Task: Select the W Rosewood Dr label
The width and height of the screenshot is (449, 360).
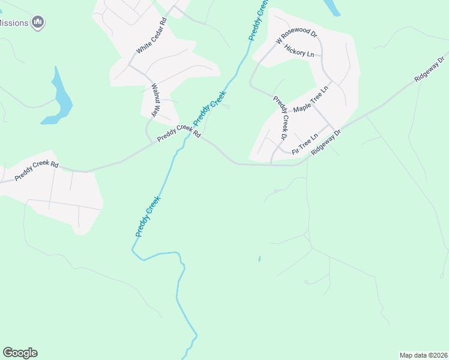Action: [296, 37]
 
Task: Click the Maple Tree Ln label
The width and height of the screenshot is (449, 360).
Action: [312, 100]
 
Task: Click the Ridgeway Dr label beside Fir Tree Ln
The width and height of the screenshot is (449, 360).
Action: [326, 142]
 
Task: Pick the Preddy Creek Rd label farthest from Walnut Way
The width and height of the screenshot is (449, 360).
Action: [37, 170]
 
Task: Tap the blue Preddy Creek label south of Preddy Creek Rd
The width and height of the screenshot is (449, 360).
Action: [148, 216]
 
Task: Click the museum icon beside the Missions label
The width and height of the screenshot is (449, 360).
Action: [39, 23]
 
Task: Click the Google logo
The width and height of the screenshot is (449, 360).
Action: [20, 353]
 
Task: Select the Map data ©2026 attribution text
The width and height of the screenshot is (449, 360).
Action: [423, 355]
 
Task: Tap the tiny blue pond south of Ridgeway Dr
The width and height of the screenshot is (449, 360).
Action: [259, 259]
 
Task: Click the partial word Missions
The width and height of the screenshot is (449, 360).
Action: [14, 23]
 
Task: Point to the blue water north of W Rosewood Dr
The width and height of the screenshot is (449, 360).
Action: [332, 7]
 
